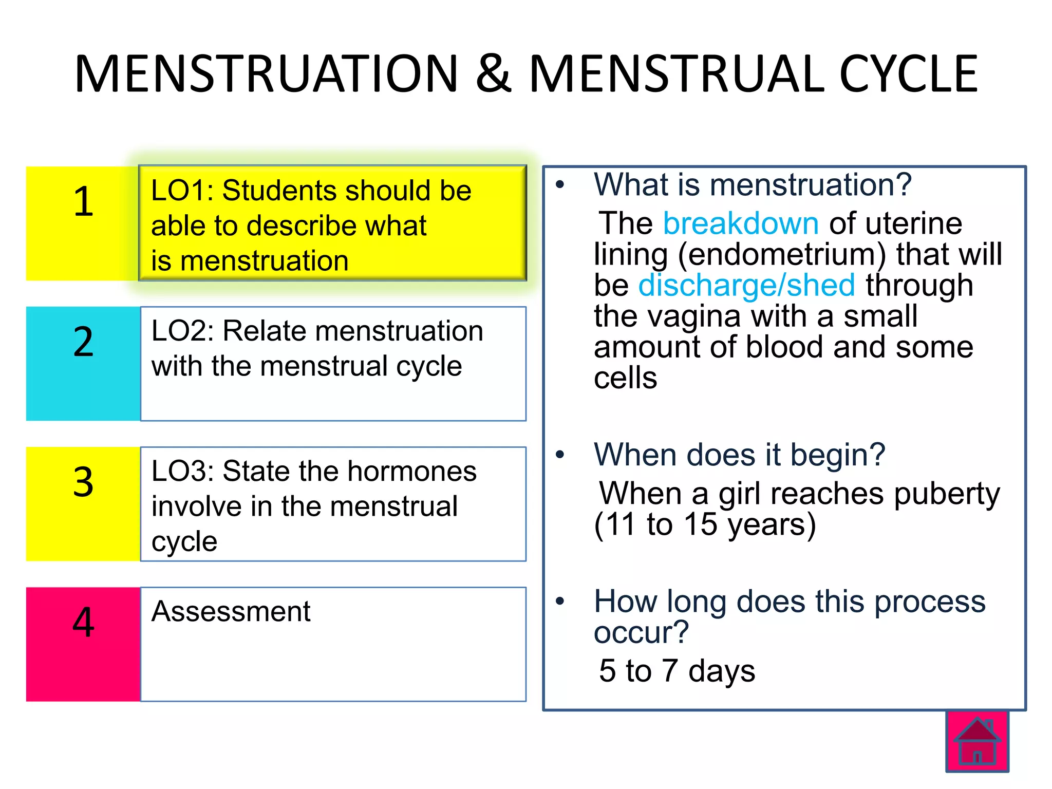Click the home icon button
(977, 741)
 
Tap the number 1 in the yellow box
(83, 201)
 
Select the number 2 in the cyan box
(83, 342)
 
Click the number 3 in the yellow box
(83, 482)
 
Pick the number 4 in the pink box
(83, 622)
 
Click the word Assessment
(231, 611)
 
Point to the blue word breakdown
(741, 223)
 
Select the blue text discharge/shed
(746, 285)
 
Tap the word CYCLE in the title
(908, 74)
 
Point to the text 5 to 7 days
(677, 671)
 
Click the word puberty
(947, 494)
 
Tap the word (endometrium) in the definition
(782, 254)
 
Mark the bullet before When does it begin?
(560, 455)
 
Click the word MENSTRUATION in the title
(266, 74)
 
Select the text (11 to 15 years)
(704, 525)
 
